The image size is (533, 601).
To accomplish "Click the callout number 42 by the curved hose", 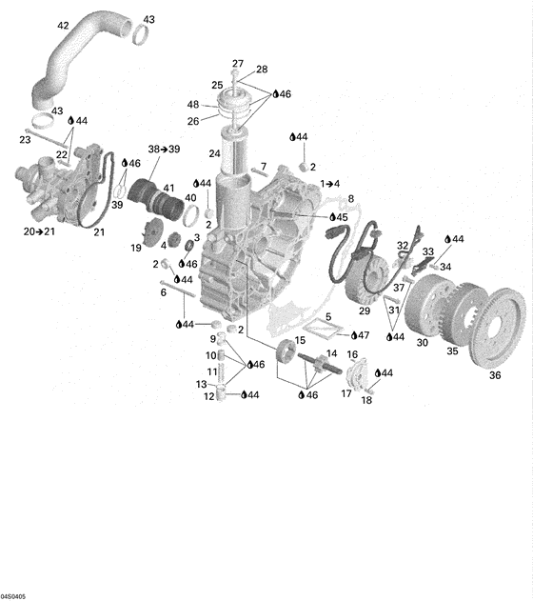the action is coord(63,26).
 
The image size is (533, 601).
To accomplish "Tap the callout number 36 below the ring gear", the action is coord(495,375).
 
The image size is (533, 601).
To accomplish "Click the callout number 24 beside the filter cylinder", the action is coord(214,153).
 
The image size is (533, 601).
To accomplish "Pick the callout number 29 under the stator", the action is coord(365,311).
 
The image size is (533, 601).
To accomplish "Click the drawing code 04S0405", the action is coord(13,597).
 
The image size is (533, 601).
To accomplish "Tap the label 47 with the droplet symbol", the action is coord(361,335).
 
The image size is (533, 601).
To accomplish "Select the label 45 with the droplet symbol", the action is coord(339,217).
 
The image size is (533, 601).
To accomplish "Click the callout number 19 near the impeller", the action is coord(136,248).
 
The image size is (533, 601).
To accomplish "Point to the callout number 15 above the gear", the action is coord(300,340).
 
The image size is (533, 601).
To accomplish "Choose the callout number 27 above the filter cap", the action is coord(238,64).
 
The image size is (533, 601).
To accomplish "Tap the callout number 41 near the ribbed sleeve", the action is coord(168,189).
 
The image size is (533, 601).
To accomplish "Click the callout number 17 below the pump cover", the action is coord(346,393).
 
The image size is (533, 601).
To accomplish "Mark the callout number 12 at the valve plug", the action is coord(209,396).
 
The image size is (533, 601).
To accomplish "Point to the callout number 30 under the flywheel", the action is coord(422,342).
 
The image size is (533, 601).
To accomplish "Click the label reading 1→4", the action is coord(330,184).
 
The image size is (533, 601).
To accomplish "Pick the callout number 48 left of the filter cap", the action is coord(193,105).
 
